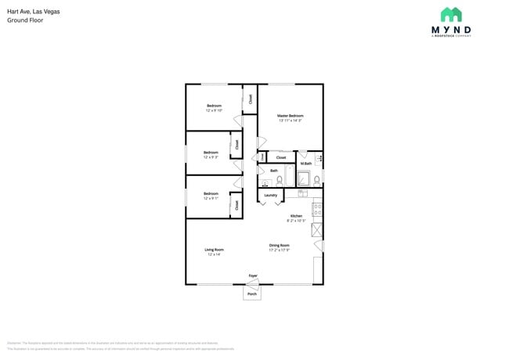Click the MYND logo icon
pyautogui.click(x=450, y=15)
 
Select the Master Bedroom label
pyautogui.click(x=290, y=116)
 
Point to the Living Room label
pyautogui.click(x=214, y=250)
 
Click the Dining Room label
pyautogui.click(x=280, y=245)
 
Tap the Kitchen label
pyautogui.click(x=296, y=216)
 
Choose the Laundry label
pyautogui.click(x=271, y=195)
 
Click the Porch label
pyautogui.click(x=252, y=293)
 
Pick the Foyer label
pyautogui.click(x=253, y=275)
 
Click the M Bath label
pyautogui.click(x=305, y=164)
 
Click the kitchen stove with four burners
pyautogui.click(x=317, y=209)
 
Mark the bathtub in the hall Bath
pyautogui.click(x=290, y=177)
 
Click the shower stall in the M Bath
pyautogui.click(x=304, y=178)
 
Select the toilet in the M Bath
pyautogui.click(x=316, y=180)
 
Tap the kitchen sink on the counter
pyautogui.click(x=317, y=229)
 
